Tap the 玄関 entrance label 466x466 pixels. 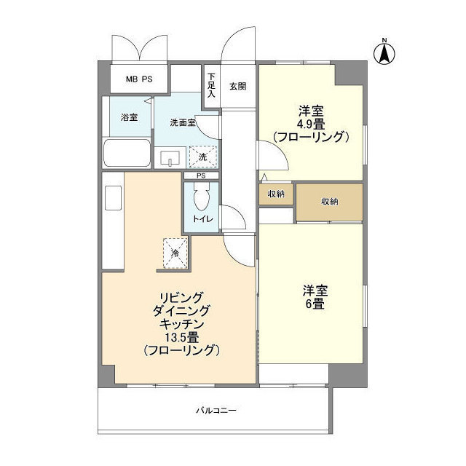(238, 87)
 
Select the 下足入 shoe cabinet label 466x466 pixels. (211, 86)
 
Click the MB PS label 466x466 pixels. (139, 79)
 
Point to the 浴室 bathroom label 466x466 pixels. (130, 117)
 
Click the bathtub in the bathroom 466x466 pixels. (127, 153)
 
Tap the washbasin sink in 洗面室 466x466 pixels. (170, 158)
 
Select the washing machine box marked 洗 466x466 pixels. (203, 157)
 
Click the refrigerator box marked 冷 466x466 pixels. (175, 253)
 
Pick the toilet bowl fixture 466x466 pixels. (202, 195)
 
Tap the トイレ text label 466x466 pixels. (203, 219)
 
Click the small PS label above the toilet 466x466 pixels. (201, 175)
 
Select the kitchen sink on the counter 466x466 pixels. (114, 198)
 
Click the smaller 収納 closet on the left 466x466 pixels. (276, 194)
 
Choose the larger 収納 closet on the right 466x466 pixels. (330, 202)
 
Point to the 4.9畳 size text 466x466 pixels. (312, 124)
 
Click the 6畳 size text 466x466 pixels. (315, 304)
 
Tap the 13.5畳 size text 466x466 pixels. (182, 337)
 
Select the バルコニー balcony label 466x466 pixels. (216, 411)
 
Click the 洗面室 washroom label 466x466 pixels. (183, 122)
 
